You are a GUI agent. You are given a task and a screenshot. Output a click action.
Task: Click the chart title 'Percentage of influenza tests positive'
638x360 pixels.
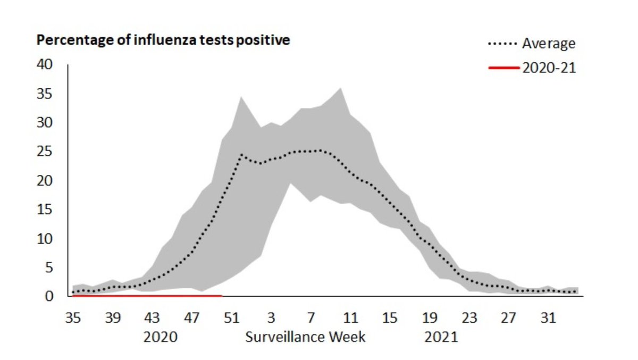pyautogui.click(x=163, y=40)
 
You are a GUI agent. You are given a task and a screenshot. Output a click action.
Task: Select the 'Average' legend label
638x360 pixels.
pyautogui.click(x=548, y=43)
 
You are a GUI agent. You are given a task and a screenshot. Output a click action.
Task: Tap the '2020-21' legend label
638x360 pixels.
pyautogui.click(x=549, y=68)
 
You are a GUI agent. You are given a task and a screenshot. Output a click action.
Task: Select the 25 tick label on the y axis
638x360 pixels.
pyautogui.click(x=45, y=152)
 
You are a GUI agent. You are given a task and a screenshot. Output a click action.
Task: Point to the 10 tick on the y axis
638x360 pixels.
pyautogui.click(x=45, y=239)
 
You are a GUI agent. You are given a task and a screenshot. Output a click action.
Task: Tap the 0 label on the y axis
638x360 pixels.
pyautogui.click(x=49, y=296)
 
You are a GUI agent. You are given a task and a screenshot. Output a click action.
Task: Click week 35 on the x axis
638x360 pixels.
pyautogui.click(x=73, y=319)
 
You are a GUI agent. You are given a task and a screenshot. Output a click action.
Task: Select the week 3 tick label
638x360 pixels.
pyautogui.click(x=271, y=319)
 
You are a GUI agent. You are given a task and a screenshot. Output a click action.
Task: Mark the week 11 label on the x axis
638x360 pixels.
pyautogui.click(x=350, y=319)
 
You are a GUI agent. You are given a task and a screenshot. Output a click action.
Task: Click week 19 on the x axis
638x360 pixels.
pyautogui.click(x=430, y=319)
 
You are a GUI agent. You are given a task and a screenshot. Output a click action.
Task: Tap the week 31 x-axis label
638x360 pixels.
pyautogui.click(x=549, y=319)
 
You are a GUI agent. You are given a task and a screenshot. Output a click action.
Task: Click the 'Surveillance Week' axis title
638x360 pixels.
pyautogui.click(x=305, y=338)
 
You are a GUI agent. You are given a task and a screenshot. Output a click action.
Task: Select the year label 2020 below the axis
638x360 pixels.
pyautogui.click(x=160, y=338)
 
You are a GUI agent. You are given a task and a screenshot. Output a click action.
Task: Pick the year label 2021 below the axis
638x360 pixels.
pyautogui.click(x=441, y=338)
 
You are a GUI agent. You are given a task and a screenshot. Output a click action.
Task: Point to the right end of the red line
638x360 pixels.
pyautogui.click(x=221, y=295)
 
